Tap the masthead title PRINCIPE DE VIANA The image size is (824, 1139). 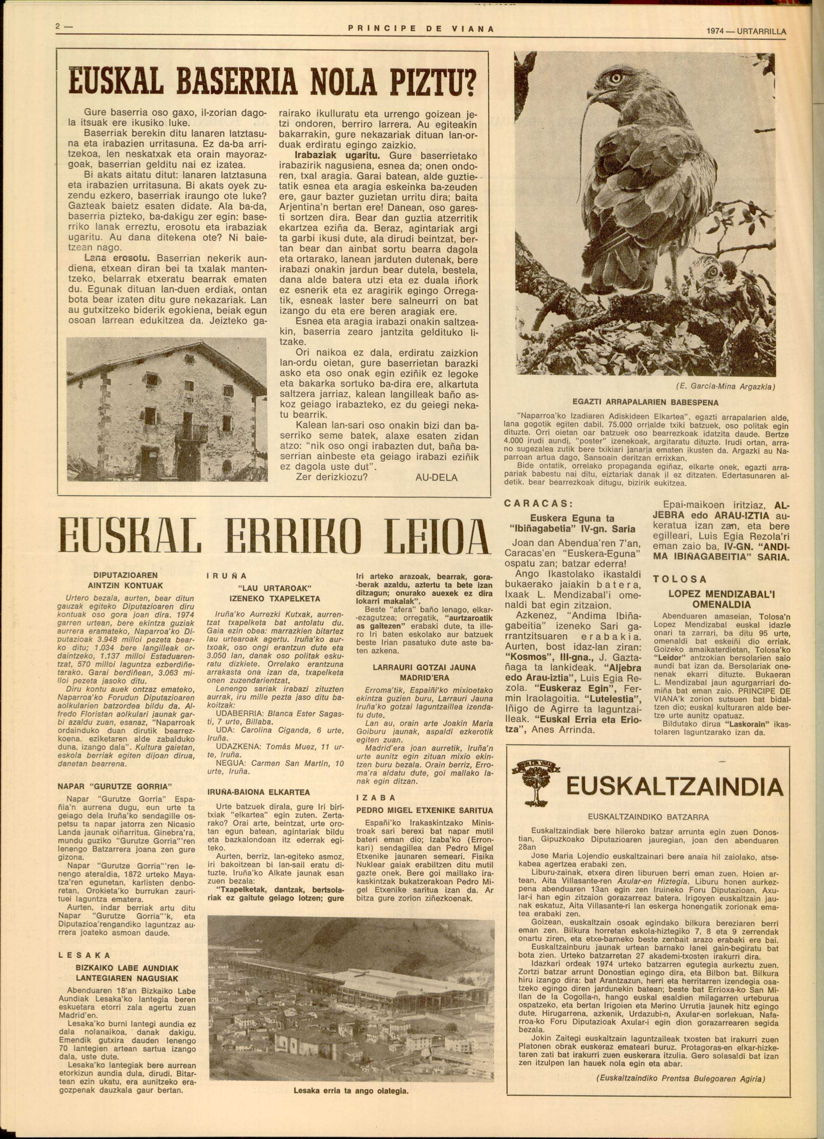[x=420, y=30]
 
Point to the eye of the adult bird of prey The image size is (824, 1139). [x=615, y=78]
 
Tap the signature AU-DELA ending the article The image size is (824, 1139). [x=436, y=477]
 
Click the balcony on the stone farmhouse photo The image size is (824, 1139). [x=191, y=432]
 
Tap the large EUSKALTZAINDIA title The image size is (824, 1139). [x=674, y=787]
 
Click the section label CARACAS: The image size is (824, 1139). [x=538, y=504]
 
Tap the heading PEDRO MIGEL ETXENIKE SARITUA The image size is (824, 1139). [x=424, y=810]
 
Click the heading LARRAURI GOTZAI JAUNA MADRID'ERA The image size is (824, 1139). [x=424, y=672]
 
